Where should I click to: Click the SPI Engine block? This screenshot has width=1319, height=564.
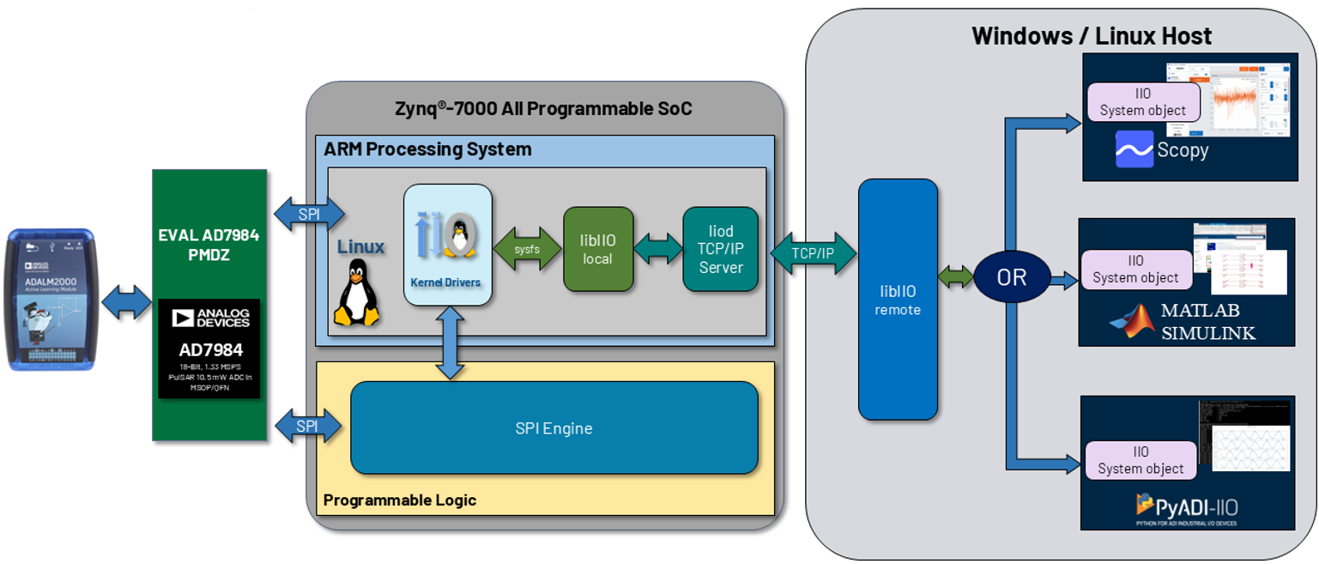coord(554,428)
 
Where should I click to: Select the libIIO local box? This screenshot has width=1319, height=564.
coord(598,249)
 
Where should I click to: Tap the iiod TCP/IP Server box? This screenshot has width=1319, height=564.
coord(720,249)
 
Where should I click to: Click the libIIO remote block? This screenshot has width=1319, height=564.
coord(898,299)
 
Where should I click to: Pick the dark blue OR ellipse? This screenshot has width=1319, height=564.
coord(1012,277)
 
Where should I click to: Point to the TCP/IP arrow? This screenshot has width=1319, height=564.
coord(814,253)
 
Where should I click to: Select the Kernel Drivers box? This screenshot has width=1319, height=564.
coord(447,244)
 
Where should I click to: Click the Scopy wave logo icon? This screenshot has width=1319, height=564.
coord(1134,149)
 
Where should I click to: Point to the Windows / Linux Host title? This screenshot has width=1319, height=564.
coord(1091,36)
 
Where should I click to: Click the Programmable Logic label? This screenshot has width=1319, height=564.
coord(399,500)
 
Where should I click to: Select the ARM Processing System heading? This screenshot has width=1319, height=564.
coord(427,149)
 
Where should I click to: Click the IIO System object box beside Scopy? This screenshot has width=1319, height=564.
coord(1142,101)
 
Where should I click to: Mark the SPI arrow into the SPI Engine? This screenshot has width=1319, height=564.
coord(307,426)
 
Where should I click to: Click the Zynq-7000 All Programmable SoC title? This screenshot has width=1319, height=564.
coord(544,109)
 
